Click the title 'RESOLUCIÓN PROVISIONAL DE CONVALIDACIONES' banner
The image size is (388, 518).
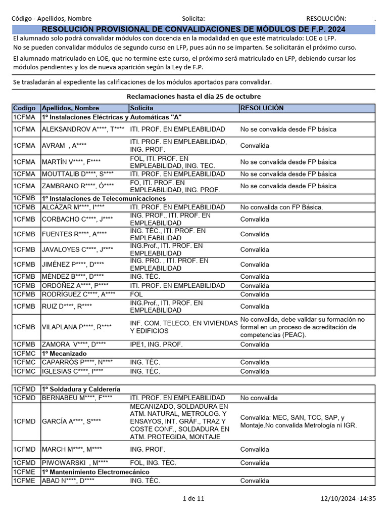pos(193,30)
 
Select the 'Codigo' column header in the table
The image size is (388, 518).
pos(24,108)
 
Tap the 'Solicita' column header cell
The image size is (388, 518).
pos(142,108)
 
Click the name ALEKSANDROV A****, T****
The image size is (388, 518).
pos(83,129)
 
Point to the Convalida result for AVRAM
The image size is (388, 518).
pos(255,146)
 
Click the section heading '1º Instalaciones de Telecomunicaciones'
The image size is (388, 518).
pos(104,199)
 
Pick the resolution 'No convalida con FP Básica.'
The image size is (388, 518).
pos(281,207)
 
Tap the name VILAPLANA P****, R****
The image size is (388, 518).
pos(77,327)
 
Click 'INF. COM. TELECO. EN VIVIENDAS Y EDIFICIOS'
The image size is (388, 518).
pos(183,327)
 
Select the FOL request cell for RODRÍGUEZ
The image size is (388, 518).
pos(136,294)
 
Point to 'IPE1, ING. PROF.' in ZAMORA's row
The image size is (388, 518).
pos(156,344)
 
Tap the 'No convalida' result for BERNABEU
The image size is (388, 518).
pos(259,398)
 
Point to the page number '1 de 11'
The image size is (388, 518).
pos(193,499)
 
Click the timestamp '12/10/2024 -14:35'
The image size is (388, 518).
pos(348,499)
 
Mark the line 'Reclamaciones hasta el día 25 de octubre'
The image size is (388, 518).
pos(193,96)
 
